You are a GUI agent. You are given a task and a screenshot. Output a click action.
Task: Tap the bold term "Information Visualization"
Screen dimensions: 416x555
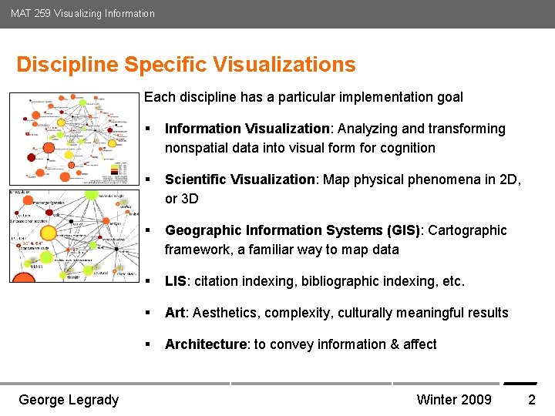click(247, 129)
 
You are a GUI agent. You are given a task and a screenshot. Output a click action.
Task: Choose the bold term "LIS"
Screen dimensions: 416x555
click(177, 281)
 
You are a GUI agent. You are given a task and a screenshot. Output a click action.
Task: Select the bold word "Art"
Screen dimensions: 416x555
click(175, 313)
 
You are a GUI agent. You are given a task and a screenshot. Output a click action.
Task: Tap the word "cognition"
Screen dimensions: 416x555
click(406, 148)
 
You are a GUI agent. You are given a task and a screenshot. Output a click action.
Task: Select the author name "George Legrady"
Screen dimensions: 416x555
click(69, 399)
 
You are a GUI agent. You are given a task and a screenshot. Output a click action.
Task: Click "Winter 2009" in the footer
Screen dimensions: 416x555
click(453, 399)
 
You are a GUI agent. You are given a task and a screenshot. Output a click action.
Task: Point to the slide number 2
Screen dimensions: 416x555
click(531, 399)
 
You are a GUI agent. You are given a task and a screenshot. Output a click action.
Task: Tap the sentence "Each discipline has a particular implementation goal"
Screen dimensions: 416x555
click(304, 97)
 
